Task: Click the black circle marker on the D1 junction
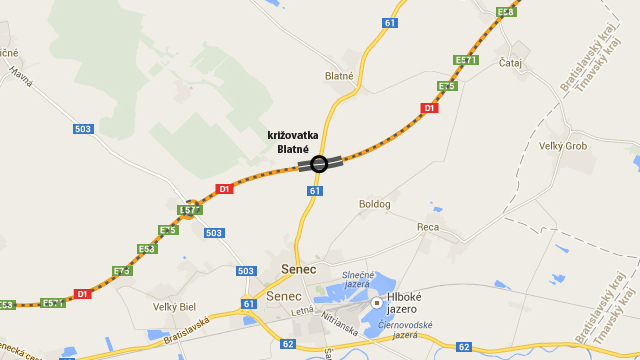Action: (319, 164)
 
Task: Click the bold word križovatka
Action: (292, 136)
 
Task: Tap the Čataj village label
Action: (510, 62)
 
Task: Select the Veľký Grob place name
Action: (563, 146)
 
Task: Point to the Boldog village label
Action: (375, 204)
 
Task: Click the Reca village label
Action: (428, 227)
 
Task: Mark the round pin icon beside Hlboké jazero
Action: (377, 302)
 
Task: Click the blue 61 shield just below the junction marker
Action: (315, 191)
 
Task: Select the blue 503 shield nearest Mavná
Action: (83, 128)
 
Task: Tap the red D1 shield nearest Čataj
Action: (429, 108)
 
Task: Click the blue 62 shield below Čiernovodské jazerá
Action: (464, 347)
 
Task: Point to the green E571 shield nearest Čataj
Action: (465, 61)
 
